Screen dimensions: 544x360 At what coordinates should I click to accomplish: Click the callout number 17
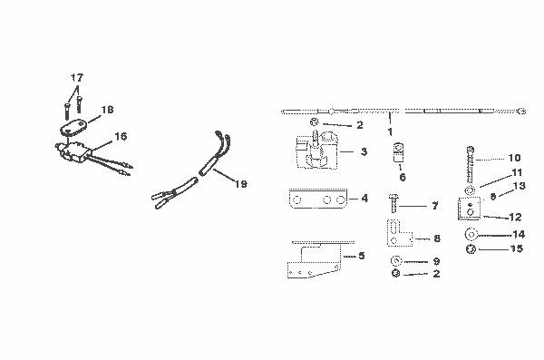[x=77, y=78]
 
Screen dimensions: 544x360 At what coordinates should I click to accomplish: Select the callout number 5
[x=362, y=257]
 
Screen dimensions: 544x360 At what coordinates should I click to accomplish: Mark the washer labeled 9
[x=397, y=261]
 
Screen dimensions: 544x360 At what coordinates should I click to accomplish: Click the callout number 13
[x=521, y=185]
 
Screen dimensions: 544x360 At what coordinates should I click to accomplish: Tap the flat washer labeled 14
[x=471, y=235]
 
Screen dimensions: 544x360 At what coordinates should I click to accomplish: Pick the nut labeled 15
[x=471, y=249]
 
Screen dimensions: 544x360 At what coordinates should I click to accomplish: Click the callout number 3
[x=364, y=151]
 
